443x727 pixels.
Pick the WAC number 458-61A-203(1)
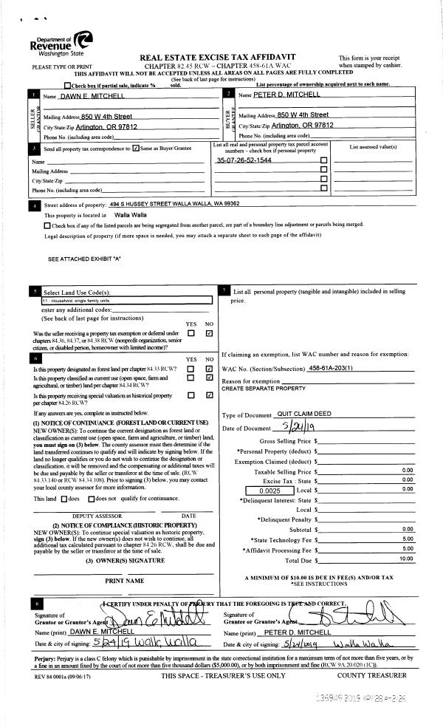pyautogui.click(x=332, y=368)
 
